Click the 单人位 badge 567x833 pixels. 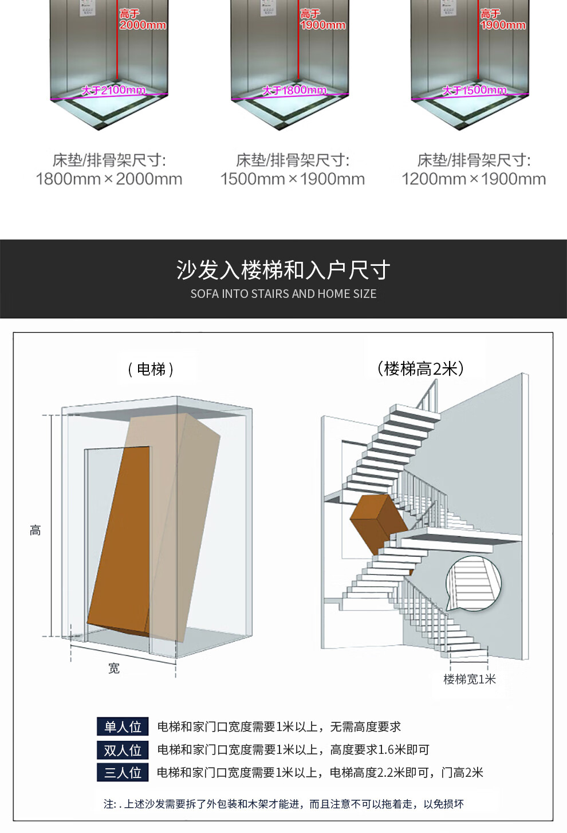123,726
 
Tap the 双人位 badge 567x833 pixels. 123,750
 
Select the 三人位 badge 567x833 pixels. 123,772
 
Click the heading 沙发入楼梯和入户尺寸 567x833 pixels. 283,270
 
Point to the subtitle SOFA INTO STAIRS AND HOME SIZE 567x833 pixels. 283,294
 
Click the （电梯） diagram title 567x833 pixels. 151,370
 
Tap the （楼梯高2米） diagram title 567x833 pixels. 420,368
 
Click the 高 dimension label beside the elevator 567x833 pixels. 36,531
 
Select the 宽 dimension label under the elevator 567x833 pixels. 114,669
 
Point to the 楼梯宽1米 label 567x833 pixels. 469,679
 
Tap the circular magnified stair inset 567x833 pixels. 473,584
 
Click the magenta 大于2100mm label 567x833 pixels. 113,90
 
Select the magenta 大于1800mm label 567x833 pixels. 294,90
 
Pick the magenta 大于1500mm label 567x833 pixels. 474,90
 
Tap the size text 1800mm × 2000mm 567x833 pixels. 109,179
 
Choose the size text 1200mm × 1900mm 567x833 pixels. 474,179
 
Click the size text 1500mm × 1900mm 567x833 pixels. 293,179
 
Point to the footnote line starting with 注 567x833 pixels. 283,804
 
